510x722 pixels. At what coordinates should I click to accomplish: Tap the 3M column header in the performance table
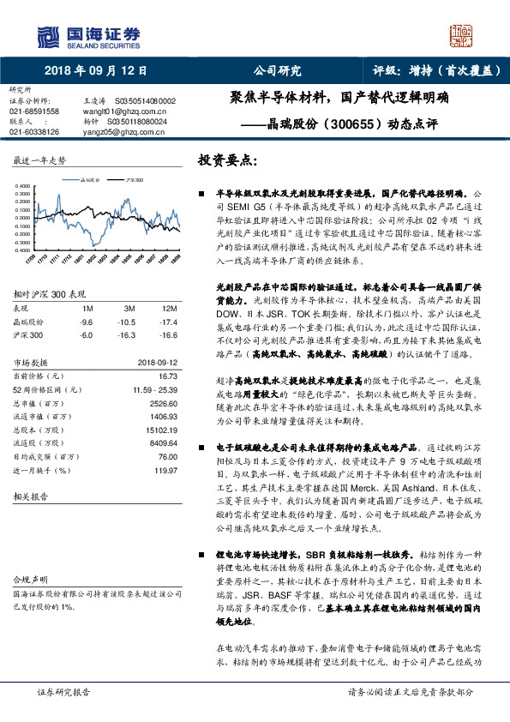(x=129, y=307)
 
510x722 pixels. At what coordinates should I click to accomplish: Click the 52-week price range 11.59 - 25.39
(x=154, y=388)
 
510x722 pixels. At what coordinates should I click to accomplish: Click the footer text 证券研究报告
(x=63, y=691)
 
